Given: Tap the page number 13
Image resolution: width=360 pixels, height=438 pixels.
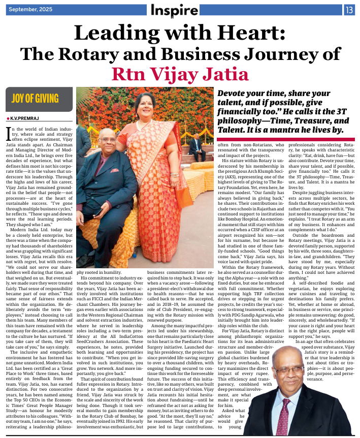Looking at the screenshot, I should click(x=350, y=9).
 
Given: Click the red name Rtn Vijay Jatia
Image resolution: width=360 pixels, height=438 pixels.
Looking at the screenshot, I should click(x=180, y=73).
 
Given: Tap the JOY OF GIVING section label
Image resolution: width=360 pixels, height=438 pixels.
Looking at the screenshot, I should click(x=36, y=98).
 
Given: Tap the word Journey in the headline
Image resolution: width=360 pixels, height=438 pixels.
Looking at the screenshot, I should click(x=285, y=54).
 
